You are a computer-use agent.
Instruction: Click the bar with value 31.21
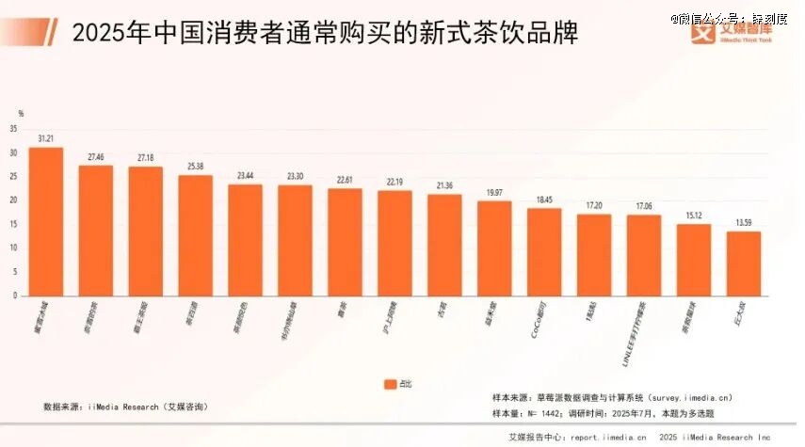click(x=46, y=221)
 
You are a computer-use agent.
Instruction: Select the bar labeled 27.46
click(x=96, y=231)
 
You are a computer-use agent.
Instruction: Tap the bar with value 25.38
click(x=195, y=235)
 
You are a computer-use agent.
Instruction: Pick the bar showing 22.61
click(x=345, y=242)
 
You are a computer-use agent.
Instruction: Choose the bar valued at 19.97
click(x=494, y=247)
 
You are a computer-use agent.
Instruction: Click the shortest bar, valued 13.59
click(x=743, y=263)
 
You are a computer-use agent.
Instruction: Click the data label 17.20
click(x=594, y=205)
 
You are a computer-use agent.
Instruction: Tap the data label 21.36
click(x=444, y=185)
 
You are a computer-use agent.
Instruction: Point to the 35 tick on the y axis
click(x=13, y=129)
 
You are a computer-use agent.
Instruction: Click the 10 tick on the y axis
click(x=13, y=247)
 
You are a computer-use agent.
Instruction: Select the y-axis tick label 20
click(x=13, y=200)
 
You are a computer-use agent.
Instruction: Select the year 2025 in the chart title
click(x=98, y=35)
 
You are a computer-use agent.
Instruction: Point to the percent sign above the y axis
click(x=20, y=114)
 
